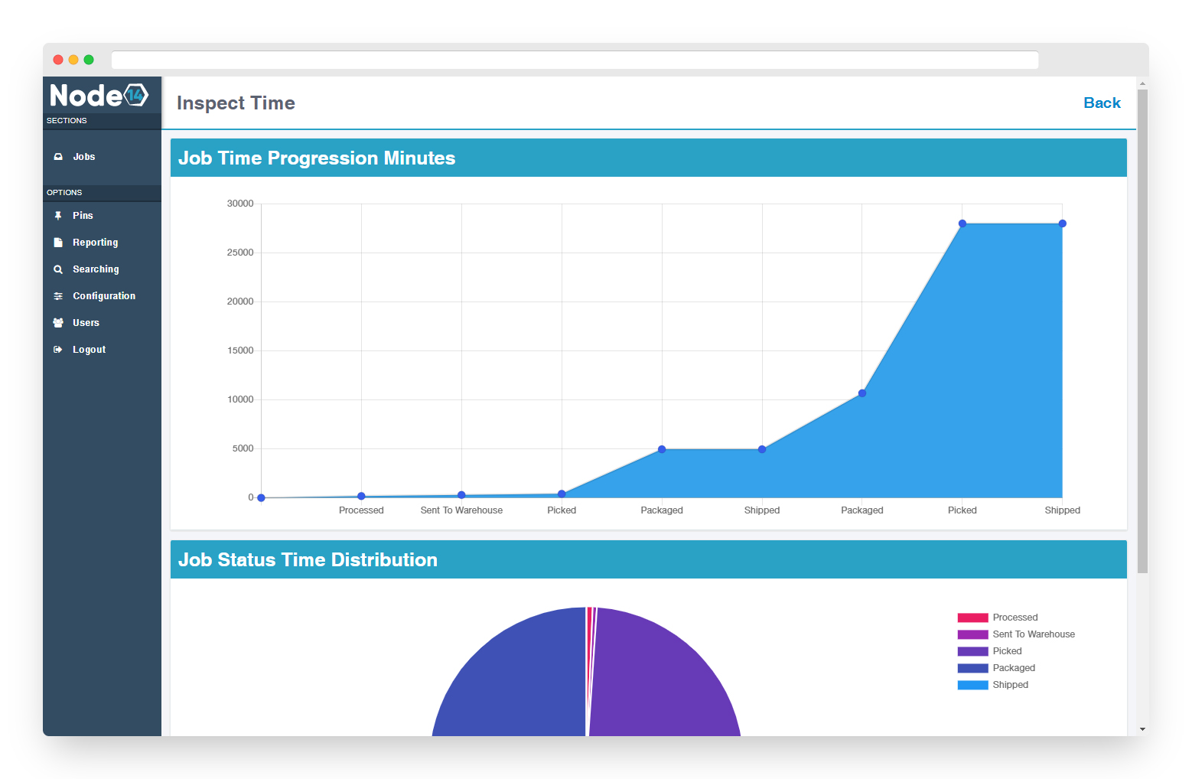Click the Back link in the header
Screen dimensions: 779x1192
coord(1102,103)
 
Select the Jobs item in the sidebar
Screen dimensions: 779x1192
coord(83,157)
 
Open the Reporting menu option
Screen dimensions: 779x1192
coord(95,243)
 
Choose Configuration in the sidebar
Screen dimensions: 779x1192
coord(103,296)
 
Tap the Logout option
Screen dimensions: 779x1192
coord(89,350)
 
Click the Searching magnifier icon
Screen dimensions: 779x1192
coord(58,269)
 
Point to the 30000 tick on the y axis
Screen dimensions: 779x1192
coord(240,204)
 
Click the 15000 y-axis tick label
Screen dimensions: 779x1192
coord(240,350)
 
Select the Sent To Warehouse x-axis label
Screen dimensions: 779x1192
coord(461,510)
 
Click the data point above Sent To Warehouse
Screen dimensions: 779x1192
coord(461,495)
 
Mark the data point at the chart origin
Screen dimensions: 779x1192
coord(262,497)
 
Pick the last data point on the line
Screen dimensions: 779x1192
coord(1062,223)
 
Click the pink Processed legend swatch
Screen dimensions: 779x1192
coord(972,618)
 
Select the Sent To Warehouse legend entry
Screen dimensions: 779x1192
coord(1033,634)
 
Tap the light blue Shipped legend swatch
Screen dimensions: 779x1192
coord(972,685)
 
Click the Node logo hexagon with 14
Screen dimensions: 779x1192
coord(136,95)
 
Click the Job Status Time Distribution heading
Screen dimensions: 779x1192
coord(308,560)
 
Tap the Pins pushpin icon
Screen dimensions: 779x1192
coord(58,216)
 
